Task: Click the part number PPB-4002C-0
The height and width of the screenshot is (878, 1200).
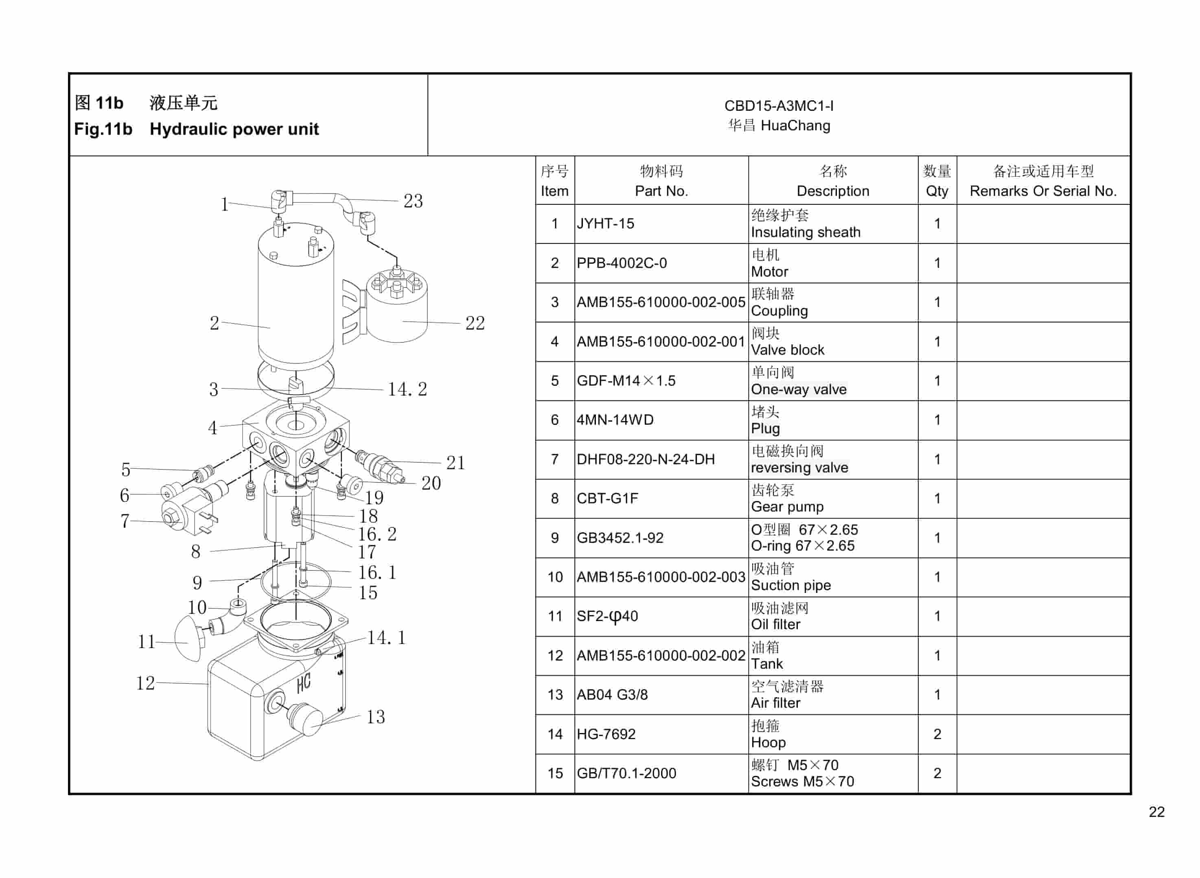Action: pyautogui.click(x=621, y=263)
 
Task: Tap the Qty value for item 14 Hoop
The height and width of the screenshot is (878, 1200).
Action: pyautogui.click(x=937, y=734)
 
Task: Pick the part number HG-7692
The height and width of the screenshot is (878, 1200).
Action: pyautogui.click(x=606, y=734)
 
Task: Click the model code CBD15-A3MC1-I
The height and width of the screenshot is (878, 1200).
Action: pyautogui.click(x=778, y=106)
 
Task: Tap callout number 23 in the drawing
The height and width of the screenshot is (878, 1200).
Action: pyautogui.click(x=413, y=201)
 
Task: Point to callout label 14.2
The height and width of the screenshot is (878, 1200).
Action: pyautogui.click(x=407, y=389)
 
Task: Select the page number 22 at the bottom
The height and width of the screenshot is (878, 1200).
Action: pyautogui.click(x=1156, y=812)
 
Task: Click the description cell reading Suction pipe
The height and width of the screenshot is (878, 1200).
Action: pyautogui.click(x=791, y=585)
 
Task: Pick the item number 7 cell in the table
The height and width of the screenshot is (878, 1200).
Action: pyautogui.click(x=554, y=459)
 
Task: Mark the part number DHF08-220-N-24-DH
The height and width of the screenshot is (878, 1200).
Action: pyautogui.click(x=646, y=459)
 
